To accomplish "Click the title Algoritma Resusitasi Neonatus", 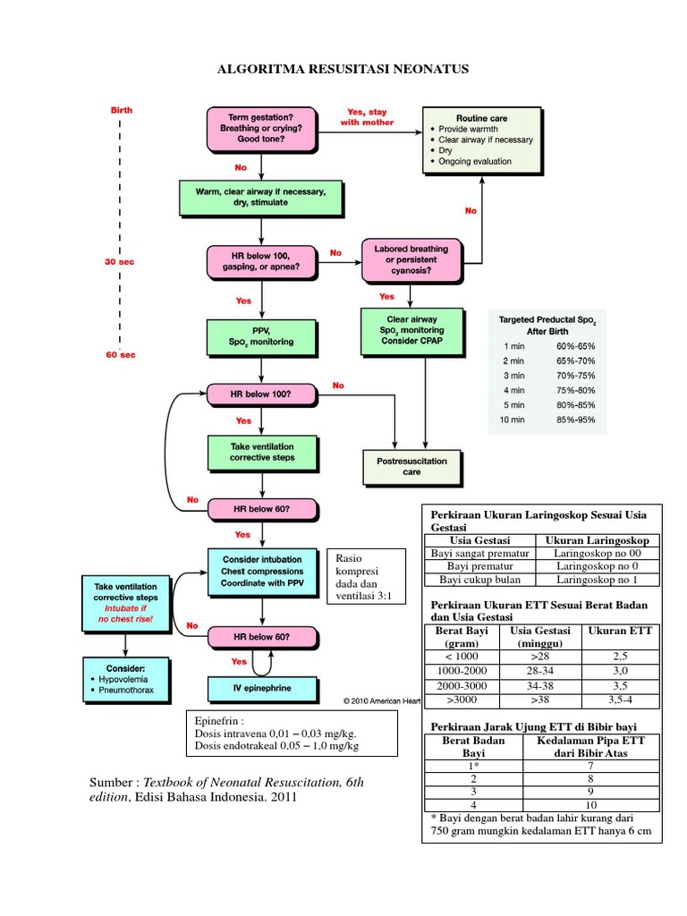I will point(343,69).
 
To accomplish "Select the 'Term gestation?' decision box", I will point(260,129).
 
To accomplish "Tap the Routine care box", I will point(482,140).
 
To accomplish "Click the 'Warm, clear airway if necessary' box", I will point(260,197).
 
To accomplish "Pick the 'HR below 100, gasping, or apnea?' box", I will point(260,260).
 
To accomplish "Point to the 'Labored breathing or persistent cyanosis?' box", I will point(412,259).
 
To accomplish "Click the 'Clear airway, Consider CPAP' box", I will point(412,330).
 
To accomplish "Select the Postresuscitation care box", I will point(412,466).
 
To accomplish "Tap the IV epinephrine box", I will point(262,689).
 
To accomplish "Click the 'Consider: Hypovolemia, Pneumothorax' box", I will point(126,681).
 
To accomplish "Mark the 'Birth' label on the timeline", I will point(122,110).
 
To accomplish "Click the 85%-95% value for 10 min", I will point(575,420).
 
